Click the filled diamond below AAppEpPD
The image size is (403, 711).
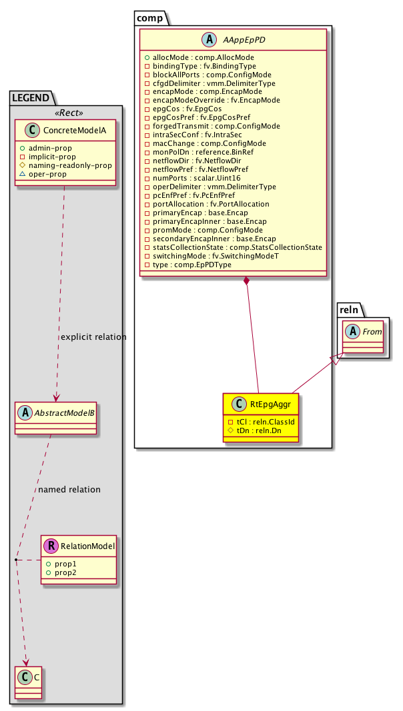[x=246, y=282]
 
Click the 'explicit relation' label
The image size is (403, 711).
[x=93, y=337]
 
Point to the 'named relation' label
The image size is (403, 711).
[x=69, y=490]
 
